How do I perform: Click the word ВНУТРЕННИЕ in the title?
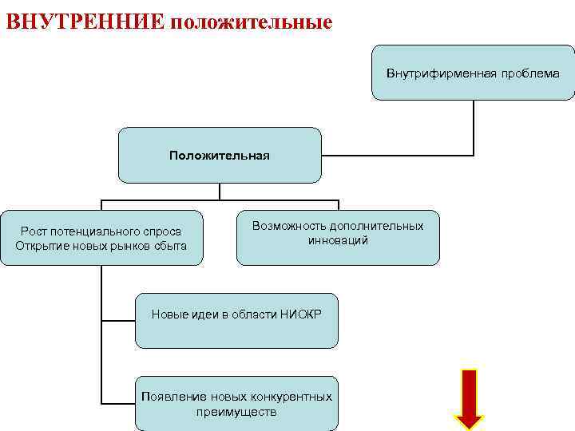[x=85, y=19]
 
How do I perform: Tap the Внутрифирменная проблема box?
[x=473, y=73]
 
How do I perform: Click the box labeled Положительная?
[x=220, y=155]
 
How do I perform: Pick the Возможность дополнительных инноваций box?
[x=338, y=236]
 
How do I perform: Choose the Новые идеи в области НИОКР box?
[x=236, y=320]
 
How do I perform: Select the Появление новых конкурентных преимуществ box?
[x=236, y=404]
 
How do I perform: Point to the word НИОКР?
[x=301, y=314]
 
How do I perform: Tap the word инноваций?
[x=338, y=240]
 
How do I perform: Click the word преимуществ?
[x=236, y=412]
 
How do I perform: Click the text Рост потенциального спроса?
[x=101, y=231]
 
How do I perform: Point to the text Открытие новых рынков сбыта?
[x=101, y=245]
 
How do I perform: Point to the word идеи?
[x=199, y=314]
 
